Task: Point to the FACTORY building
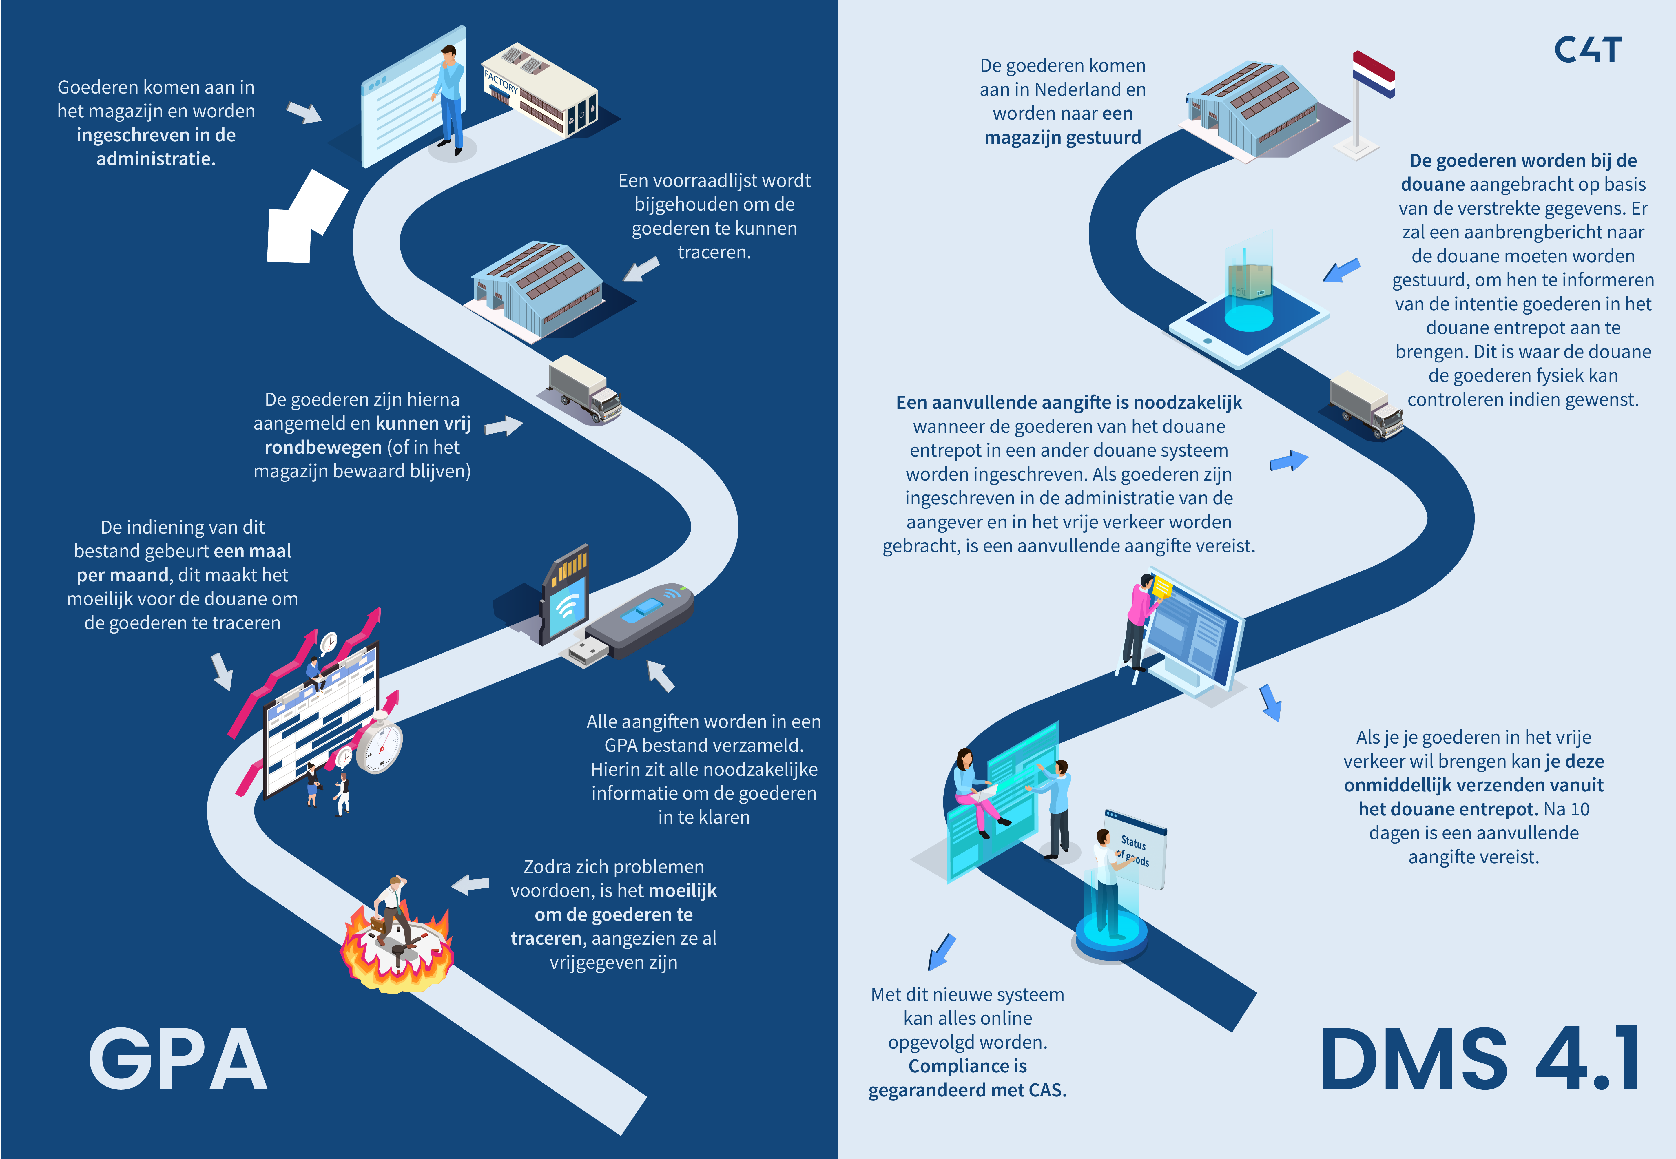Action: click(x=541, y=91)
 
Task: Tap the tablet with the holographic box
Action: click(x=1248, y=312)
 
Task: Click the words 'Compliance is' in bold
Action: click(x=967, y=1066)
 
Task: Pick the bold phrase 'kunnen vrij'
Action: click(x=423, y=424)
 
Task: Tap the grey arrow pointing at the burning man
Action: click(x=470, y=884)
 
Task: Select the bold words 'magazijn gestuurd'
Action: click(x=1062, y=137)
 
